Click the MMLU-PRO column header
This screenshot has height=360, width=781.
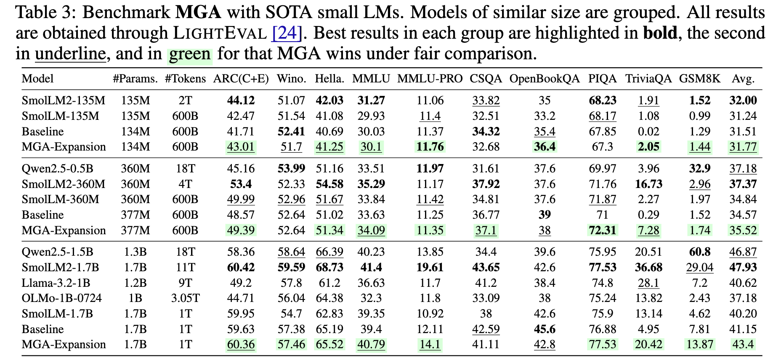[x=430, y=79]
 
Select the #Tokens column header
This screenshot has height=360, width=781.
[x=185, y=79]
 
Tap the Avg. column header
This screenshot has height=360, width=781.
[x=743, y=79]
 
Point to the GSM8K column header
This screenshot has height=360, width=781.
[x=699, y=79]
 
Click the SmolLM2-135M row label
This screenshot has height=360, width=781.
[x=64, y=101]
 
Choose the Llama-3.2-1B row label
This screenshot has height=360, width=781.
[x=56, y=283]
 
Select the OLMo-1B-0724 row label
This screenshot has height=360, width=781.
[x=62, y=298]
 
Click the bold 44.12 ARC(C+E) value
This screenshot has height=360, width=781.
[x=241, y=101]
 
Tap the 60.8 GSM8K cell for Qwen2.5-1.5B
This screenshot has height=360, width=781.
[x=699, y=252]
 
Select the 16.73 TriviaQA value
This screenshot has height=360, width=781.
[x=648, y=184]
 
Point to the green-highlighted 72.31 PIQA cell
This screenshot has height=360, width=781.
[x=602, y=230]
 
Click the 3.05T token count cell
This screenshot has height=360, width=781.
[x=185, y=298]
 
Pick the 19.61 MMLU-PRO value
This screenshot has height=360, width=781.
[x=430, y=267]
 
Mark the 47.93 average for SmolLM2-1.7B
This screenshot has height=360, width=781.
[x=743, y=267]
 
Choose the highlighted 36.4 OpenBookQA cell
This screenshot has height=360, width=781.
[x=545, y=147]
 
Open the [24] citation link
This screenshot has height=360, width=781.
[x=287, y=33]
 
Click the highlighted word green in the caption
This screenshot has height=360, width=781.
[x=190, y=54]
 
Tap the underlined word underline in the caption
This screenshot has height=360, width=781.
[x=70, y=54]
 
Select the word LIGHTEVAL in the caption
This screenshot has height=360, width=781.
[x=220, y=33]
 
